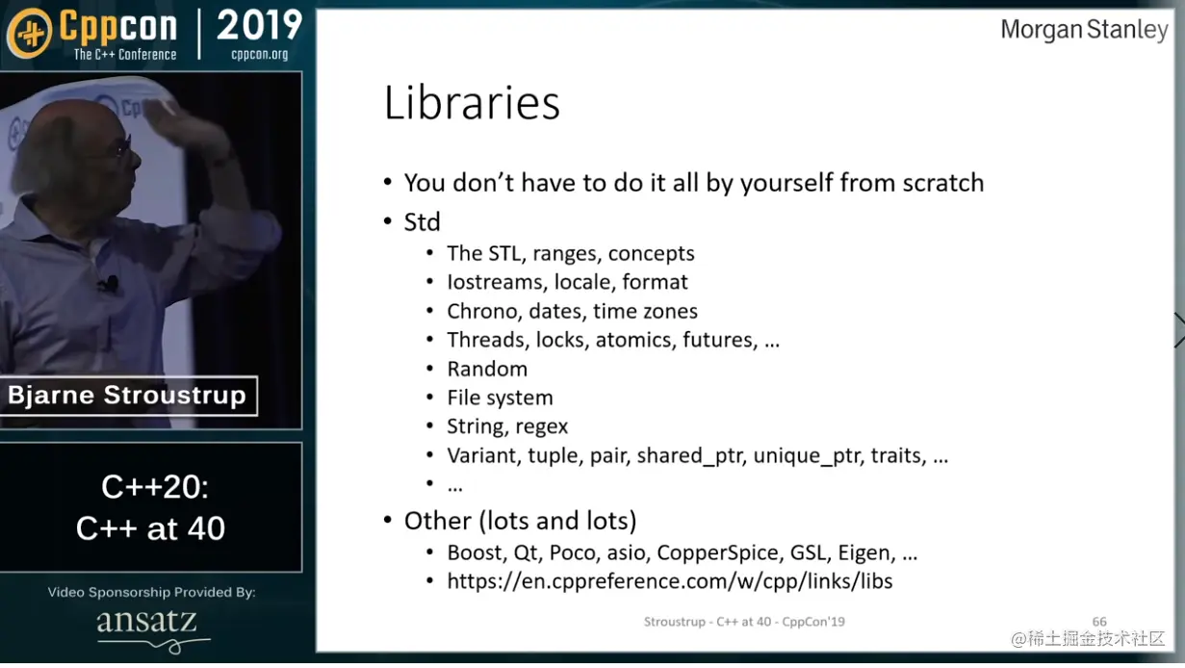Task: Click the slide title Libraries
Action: (472, 103)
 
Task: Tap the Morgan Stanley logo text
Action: (1084, 30)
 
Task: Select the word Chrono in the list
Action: (481, 311)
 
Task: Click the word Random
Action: (487, 369)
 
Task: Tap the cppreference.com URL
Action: (670, 581)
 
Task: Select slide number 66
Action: (1099, 622)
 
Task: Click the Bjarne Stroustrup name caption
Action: (127, 395)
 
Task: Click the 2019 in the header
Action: (259, 26)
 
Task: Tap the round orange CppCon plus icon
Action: (30, 34)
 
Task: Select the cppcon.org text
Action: (259, 54)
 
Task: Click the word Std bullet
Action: (422, 222)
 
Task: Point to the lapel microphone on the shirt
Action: (110, 284)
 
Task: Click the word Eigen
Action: (866, 553)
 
